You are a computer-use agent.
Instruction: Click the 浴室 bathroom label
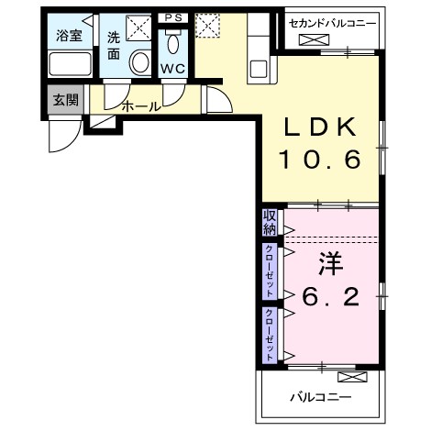point(69,39)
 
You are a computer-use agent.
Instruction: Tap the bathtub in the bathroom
point(69,65)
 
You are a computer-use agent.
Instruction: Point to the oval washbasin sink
point(140,63)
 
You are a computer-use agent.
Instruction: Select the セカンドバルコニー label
point(330,22)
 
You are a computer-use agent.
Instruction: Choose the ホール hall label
point(140,106)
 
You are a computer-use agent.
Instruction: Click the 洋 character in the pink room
point(329,263)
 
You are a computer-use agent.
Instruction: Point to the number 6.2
point(329,298)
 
